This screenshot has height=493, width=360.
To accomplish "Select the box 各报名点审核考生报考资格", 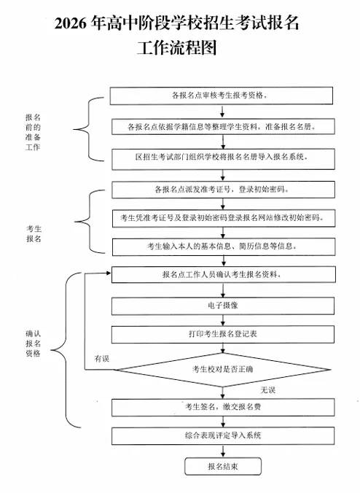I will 222,96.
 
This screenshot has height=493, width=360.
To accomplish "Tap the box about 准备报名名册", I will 222,126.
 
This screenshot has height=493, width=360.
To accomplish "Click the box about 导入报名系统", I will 222,157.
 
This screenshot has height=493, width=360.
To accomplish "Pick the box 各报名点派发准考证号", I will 222,189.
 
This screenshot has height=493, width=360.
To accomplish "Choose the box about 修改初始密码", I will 222,217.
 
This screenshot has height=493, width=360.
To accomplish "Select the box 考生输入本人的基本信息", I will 222,246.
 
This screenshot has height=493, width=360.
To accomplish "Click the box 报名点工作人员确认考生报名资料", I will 222,275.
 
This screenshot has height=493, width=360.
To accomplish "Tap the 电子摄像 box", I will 222,306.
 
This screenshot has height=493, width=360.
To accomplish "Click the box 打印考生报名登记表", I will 222,334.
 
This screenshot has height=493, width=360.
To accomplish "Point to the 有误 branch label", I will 102,359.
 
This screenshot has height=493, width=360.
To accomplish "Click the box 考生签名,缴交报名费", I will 222,405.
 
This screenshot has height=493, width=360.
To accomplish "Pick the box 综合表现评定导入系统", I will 222,435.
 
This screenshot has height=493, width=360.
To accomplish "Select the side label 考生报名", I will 33,233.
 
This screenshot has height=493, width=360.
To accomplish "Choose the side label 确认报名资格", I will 33,343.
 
